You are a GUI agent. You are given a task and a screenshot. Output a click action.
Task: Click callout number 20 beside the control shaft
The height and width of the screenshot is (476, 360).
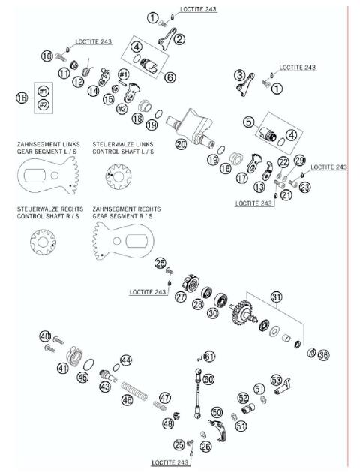[181, 143]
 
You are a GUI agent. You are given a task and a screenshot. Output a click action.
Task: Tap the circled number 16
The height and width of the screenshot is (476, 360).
[22, 98]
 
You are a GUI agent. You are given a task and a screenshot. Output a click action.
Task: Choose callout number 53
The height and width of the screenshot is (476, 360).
[276, 380]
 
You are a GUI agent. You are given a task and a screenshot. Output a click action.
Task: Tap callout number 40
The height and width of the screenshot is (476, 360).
[45, 336]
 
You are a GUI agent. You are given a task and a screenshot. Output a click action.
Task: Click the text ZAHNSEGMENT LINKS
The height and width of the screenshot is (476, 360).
[44, 142]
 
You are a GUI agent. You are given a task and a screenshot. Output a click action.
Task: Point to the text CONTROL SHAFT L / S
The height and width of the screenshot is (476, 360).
[123, 149]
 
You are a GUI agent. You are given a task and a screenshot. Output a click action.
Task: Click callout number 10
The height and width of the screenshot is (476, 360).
[46, 56]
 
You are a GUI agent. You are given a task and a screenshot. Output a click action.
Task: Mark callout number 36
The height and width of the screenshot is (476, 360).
[323, 355]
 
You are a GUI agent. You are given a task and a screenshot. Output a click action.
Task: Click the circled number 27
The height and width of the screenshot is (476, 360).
[181, 297]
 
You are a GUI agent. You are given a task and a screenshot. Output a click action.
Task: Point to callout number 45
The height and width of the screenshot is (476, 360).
[82, 378]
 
